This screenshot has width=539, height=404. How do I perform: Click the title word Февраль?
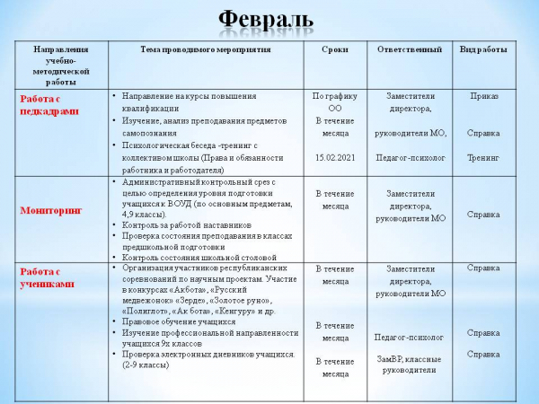[267, 20]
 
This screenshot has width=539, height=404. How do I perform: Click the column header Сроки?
[334, 49]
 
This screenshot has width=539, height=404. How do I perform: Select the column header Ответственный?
[409, 49]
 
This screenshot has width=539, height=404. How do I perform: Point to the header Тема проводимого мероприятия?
[206, 49]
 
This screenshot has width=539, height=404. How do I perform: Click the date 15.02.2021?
[335, 158]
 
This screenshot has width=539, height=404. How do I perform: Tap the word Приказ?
[483, 95]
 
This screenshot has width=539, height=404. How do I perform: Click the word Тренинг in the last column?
[483, 158]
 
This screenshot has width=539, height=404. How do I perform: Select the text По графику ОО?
[335, 101]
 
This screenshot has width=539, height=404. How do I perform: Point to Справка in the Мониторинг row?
[483, 215]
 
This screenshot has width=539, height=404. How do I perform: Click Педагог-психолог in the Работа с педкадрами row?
[410, 158]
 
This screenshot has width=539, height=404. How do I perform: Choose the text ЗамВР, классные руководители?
[410, 364]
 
